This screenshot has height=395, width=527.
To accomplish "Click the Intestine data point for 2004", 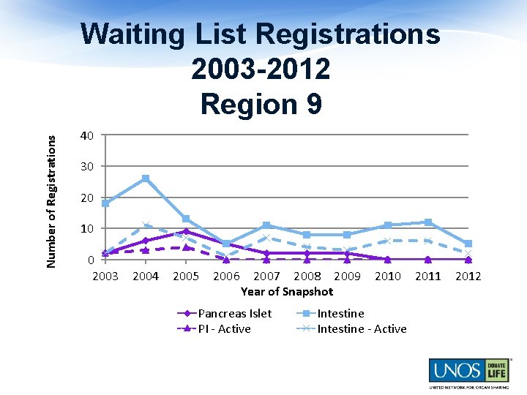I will [x=146, y=178].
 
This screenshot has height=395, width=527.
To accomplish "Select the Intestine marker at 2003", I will [x=105, y=203].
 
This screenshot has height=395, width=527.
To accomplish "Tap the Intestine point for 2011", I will [x=428, y=222].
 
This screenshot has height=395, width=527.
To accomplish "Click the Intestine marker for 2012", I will [x=468, y=244].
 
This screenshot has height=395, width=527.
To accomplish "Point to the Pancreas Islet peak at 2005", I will [x=186, y=231].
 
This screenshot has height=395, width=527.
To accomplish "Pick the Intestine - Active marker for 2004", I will [x=146, y=225].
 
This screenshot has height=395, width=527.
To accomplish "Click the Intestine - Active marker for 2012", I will [x=468, y=253].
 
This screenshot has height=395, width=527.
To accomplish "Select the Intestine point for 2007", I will [x=266, y=225].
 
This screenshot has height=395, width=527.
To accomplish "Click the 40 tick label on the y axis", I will [x=87, y=136].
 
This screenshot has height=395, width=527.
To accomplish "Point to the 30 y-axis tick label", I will [x=87, y=167].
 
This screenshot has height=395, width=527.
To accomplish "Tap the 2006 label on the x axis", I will [x=226, y=276].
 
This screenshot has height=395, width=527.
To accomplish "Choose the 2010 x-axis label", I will [x=388, y=276].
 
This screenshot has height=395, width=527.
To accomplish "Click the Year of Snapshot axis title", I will [x=287, y=291].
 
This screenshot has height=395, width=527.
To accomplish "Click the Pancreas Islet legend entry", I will [x=235, y=313].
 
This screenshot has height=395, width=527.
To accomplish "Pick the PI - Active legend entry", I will [x=225, y=328].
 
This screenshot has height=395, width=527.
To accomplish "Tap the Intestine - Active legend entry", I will [x=362, y=328].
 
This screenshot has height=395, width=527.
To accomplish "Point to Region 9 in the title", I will [x=261, y=105].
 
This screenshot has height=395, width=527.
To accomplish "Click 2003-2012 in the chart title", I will [x=261, y=69].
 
